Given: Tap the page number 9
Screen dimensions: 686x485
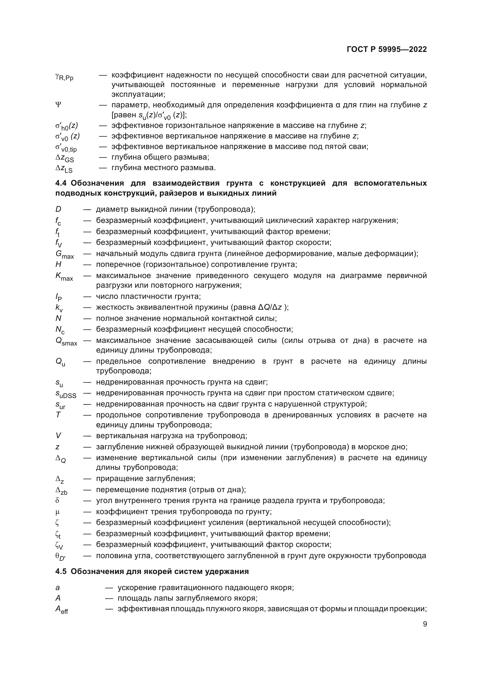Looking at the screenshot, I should click(425, 624).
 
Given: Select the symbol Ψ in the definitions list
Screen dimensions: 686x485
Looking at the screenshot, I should click(58, 105).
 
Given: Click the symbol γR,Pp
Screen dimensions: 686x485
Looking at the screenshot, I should click(64, 77).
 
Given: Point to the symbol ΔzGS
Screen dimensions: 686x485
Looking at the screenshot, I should click(65, 158).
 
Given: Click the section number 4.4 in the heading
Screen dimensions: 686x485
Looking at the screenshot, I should click(61, 183).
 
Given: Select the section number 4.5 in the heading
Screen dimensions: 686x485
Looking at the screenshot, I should click(61, 572).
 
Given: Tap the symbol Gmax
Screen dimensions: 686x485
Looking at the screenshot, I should click(65, 255).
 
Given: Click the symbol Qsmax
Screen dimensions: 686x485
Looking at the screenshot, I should click(66, 341).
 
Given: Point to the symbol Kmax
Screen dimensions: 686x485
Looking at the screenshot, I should click(64, 276).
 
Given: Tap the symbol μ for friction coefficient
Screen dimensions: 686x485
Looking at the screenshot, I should click(58, 512).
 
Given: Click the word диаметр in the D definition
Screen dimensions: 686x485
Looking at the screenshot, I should click(112, 209).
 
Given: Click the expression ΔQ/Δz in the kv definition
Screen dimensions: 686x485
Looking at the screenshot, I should click(270, 307).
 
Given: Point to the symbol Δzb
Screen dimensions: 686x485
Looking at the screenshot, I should click(62, 490).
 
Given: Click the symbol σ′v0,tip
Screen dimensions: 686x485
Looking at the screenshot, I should click(66, 148).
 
